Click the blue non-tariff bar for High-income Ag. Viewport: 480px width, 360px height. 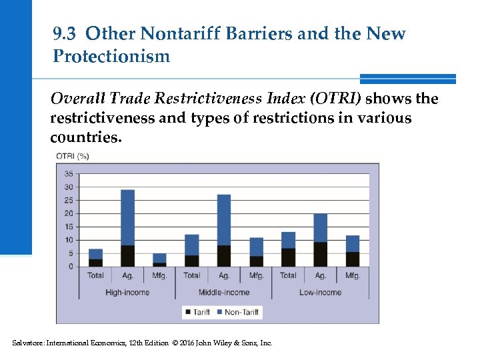pyautogui.click(x=127, y=217)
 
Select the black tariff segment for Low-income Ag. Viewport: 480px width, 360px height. pyautogui.click(x=320, y=254)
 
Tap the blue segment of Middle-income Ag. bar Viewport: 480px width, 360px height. pyautogui.click(x=224, y=220)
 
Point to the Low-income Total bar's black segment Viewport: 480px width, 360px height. pyautogui.click(x=288, y=257)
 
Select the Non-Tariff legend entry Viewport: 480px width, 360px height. pyautogui.click(x=241, y=311)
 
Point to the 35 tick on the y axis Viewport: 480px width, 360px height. pyautogui.click(x=69, y=174)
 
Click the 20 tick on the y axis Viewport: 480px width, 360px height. pyautogui.click(x=69, y=213)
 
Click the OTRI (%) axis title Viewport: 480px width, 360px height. pyautogui.click(x=73, y=157)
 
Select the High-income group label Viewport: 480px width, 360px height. pyautogui.click(x=127, y=292)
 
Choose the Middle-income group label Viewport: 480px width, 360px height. pyautogui.click(x=224, y=292)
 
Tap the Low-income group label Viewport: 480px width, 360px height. pyautogui.click(x=320, y=292)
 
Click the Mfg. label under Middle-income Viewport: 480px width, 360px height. pyautogui.click(x=256, y=275)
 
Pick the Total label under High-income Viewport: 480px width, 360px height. pyautogui.click(x=95, y=275)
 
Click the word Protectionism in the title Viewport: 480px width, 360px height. pyautogui.click(x=111, y=56)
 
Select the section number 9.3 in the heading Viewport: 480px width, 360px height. pyautogui.click(x=65, y=34)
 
